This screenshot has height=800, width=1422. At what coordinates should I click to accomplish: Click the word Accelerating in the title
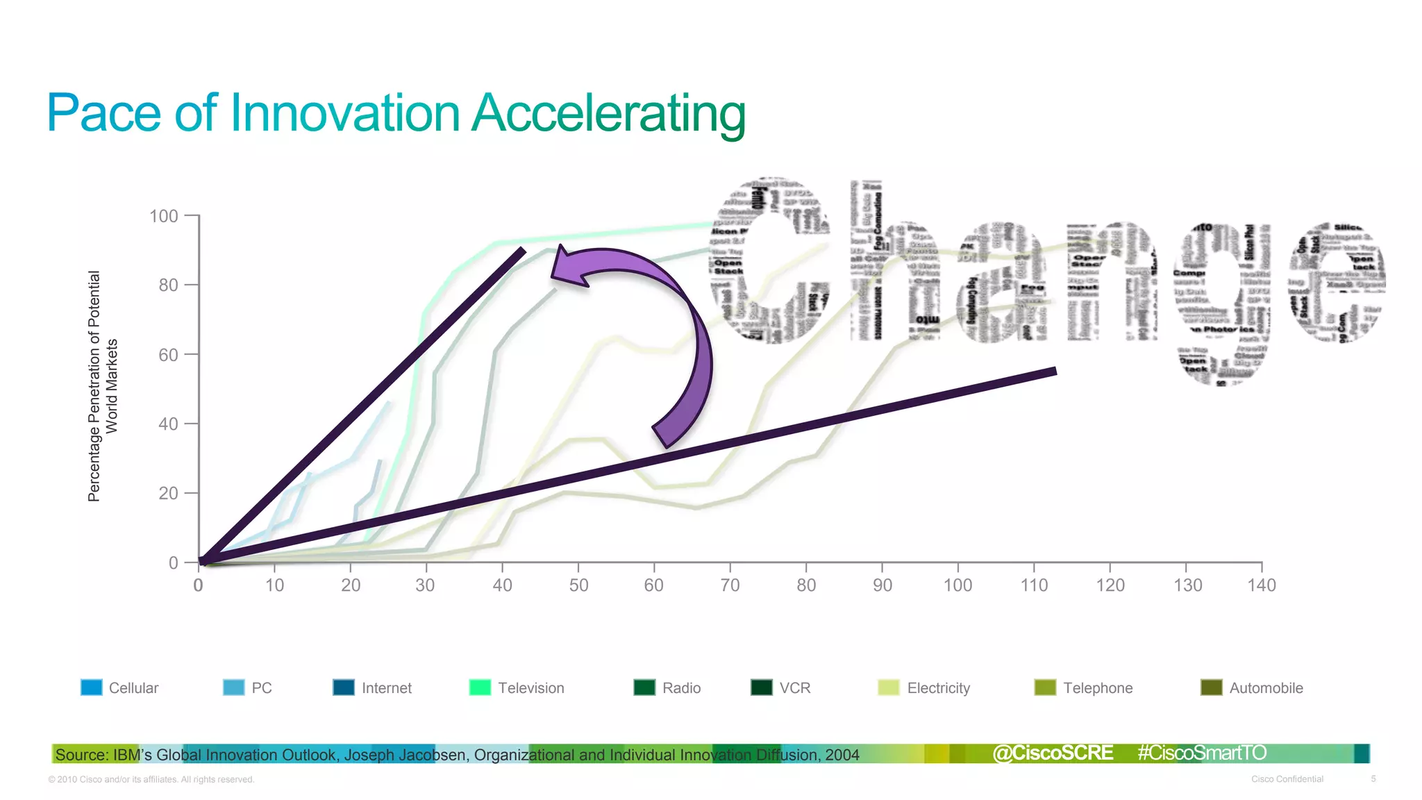point(608,113)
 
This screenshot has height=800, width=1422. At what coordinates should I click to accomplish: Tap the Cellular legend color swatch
point(91,687)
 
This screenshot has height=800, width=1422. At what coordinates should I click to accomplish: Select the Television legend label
point(530,687)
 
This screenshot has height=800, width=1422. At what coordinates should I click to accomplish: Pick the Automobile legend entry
point(1265,687)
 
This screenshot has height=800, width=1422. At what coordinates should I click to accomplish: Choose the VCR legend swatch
point(762,687)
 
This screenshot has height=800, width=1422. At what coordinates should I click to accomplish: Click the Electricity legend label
point(938,687)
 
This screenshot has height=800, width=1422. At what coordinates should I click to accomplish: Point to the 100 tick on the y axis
point(164,216)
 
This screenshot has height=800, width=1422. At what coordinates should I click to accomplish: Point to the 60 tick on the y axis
point(168,355)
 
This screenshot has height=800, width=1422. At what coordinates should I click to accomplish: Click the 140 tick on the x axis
point(1261,585)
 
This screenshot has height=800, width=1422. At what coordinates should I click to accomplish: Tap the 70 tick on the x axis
point(730,585)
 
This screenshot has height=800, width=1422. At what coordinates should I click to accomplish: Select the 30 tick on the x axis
point(425,585)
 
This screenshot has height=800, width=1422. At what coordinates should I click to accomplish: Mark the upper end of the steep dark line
point(522,251)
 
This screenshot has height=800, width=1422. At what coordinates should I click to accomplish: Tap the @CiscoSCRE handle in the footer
point(1053,753)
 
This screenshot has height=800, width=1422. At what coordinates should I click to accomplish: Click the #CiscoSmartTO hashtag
point(1202,753)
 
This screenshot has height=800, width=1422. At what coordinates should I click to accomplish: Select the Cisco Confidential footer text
point(1287,779)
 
